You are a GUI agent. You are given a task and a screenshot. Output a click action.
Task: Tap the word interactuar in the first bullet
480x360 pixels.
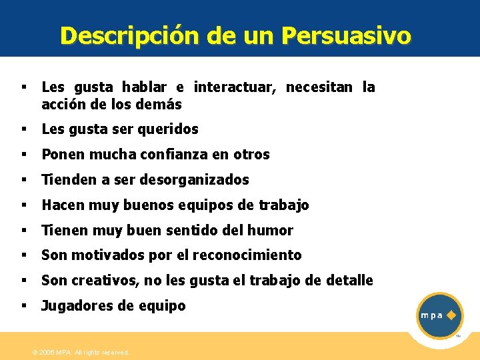(237, 87)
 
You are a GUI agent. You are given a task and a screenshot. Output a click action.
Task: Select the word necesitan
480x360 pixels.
(322, 87)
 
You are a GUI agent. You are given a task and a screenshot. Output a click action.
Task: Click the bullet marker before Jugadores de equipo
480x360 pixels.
(23, 305)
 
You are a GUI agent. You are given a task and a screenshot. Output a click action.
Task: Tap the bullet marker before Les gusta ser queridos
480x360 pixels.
(23, 129)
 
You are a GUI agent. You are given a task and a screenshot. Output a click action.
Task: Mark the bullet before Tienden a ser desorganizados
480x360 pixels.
(23, 179)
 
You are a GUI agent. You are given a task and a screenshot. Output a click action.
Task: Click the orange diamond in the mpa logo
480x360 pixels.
(451, 315)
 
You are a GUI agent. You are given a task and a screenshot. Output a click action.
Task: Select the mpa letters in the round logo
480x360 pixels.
(431, 315)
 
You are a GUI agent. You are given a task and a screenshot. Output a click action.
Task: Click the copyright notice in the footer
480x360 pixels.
(81, 352)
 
